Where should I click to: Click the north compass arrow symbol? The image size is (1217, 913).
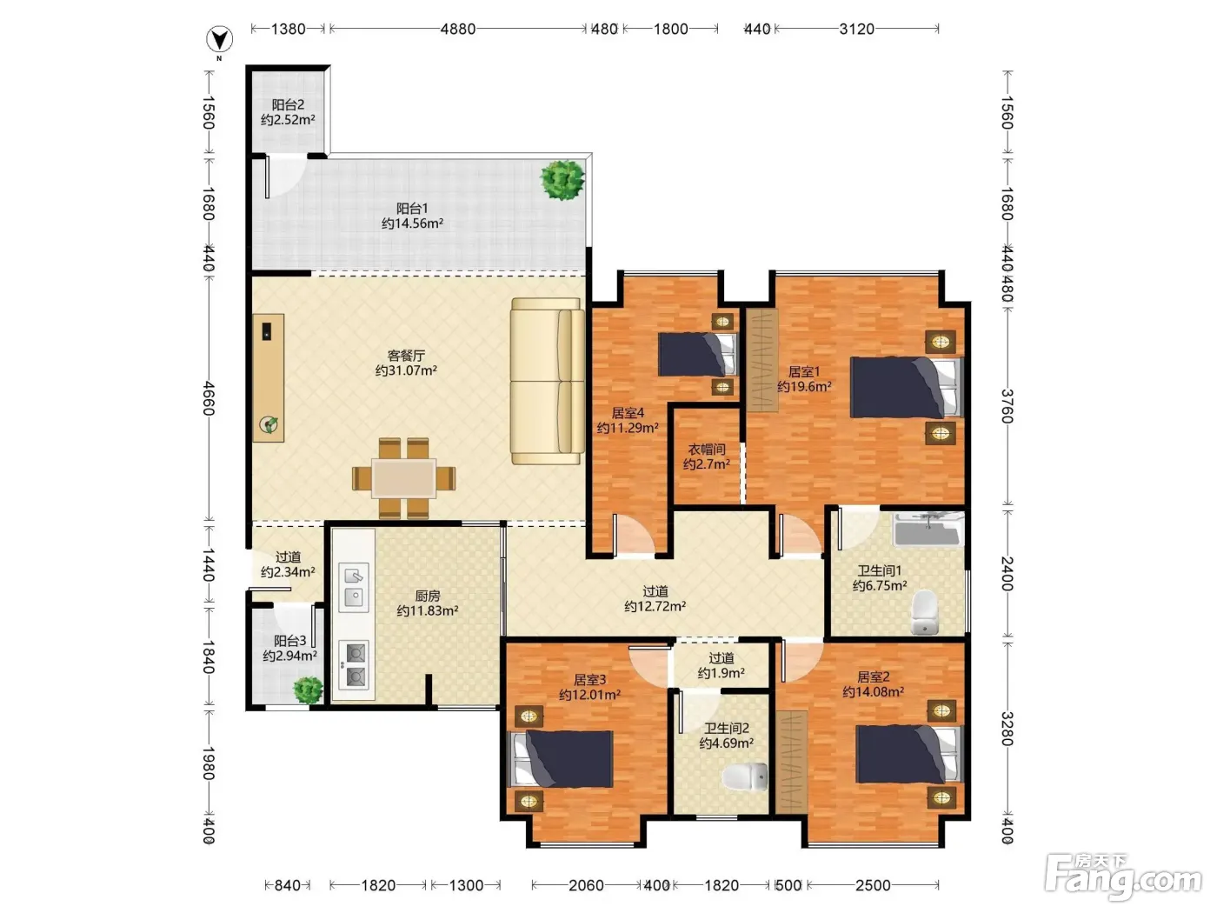[220, 40]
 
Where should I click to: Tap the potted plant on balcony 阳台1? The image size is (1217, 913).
[562, 180]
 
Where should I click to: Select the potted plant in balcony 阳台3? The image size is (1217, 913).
[309, 690]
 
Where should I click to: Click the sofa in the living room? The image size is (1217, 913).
[548, 381]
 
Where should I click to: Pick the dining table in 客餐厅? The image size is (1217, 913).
[403, 477]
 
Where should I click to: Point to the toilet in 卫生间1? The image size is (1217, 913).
[924, 612]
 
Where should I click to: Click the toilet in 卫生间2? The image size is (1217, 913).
[745, 776]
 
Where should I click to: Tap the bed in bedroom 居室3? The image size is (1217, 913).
[562, 758]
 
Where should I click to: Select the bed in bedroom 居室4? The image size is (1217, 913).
[697, 354]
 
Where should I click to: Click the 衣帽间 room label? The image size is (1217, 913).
[707, 449]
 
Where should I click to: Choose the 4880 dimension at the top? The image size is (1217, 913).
[458, 29]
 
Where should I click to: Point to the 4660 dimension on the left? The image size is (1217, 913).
[209, 398]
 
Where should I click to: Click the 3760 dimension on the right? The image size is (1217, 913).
[1008, 406]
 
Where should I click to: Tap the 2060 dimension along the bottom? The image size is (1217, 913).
[586, 885]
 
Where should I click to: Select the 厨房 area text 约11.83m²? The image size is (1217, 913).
[428, 611]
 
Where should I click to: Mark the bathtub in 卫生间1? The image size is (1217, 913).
[928, 530]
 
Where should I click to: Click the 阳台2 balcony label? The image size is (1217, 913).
[288, 104]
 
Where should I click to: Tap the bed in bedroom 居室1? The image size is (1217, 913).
[907, 387]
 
